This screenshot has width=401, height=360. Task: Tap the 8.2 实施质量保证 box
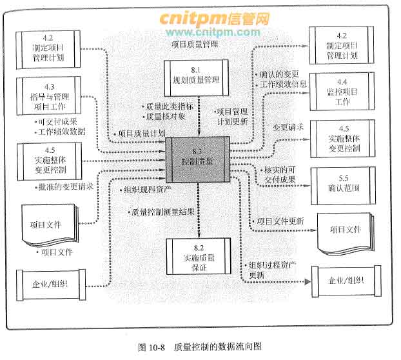pyautogui.click(x=199, y=256)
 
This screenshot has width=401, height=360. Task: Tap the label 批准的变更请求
pyautogui.click(x=65, y=187)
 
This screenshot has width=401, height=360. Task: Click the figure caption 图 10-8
pyautogui.click(x=153, y=346)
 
